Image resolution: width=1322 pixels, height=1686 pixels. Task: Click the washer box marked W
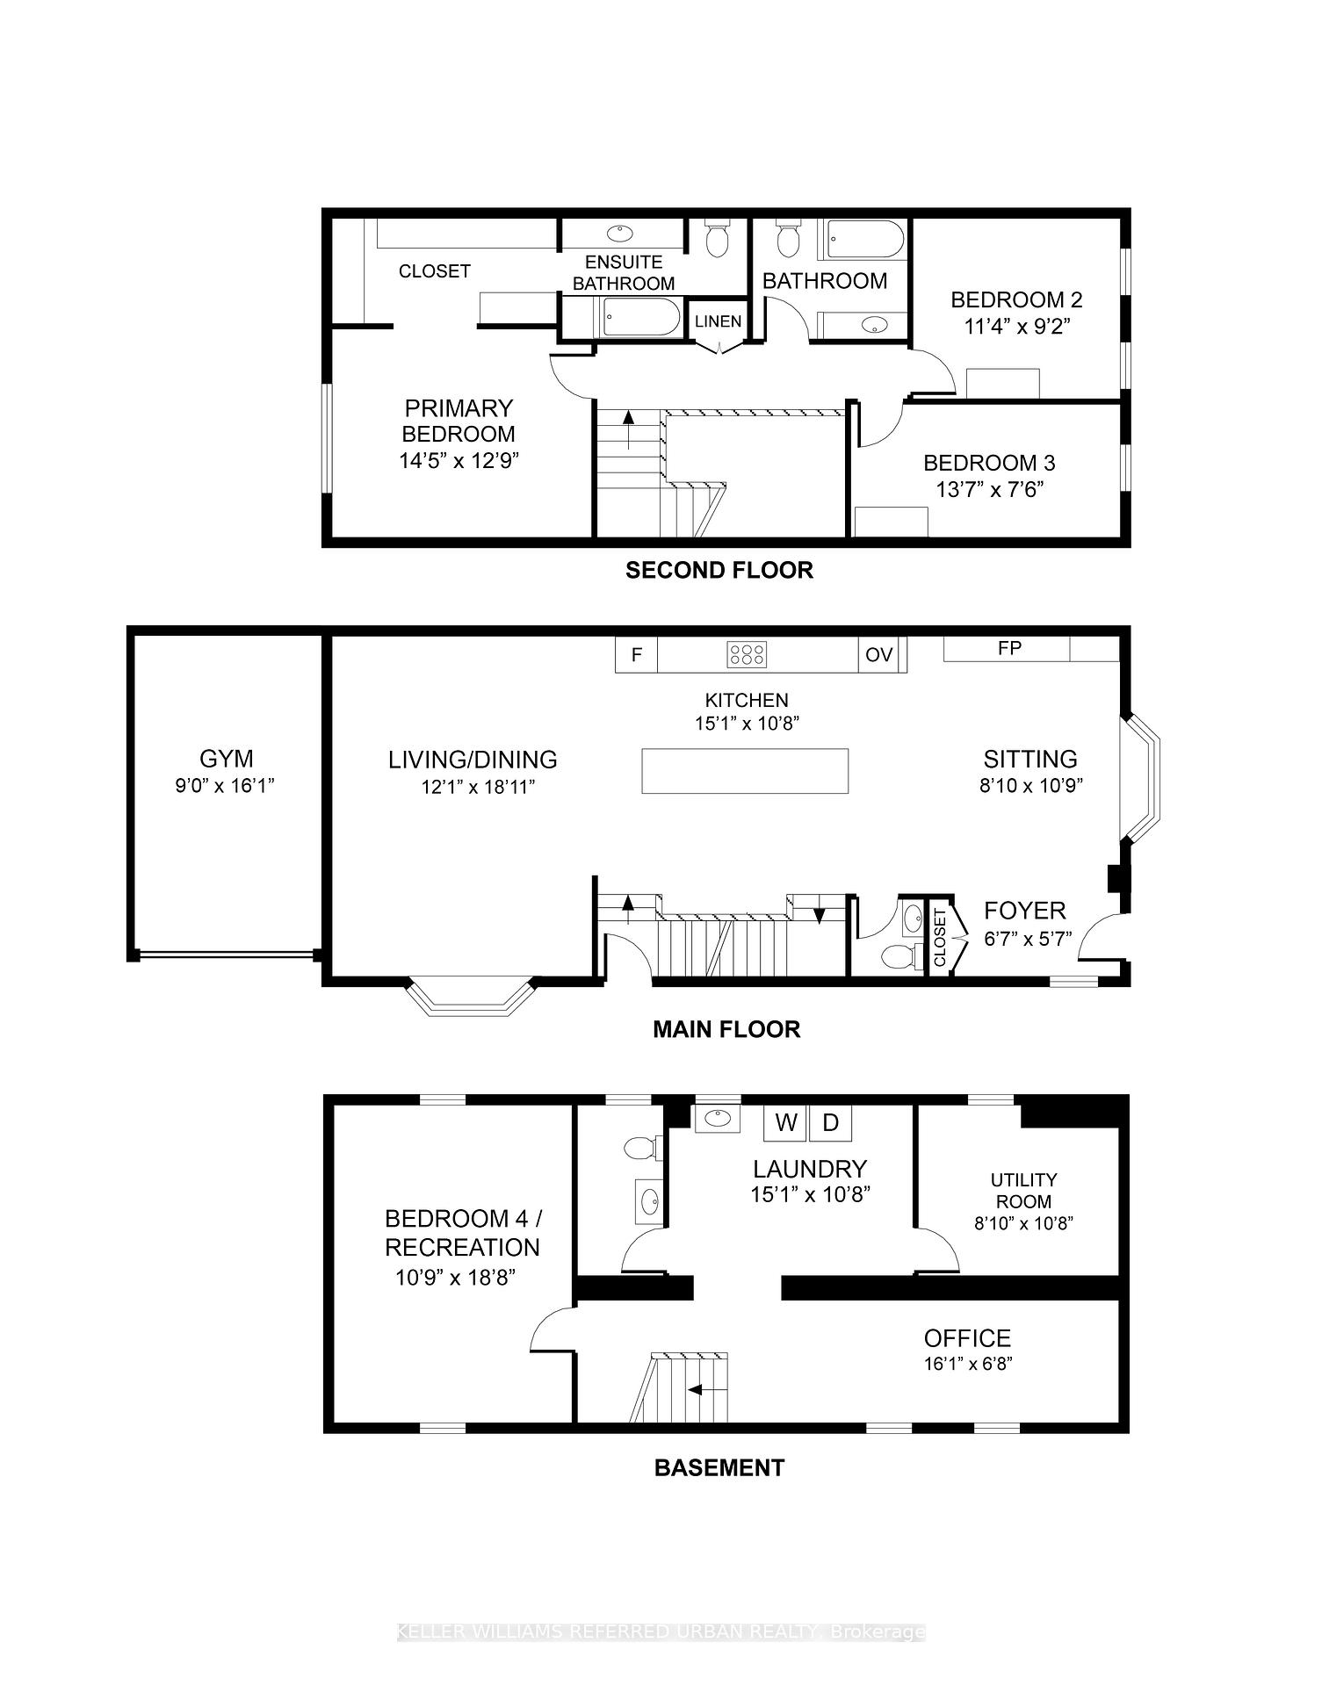click(786, 1122)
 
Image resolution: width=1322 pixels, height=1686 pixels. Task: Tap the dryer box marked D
click(831, 1122)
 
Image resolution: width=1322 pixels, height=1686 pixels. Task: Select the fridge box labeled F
click(637, 655)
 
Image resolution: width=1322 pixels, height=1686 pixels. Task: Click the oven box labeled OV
click(878, 655)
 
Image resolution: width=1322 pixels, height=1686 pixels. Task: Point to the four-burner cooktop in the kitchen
click(747, 654)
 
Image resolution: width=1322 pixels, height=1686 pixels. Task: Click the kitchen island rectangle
click(745, 771)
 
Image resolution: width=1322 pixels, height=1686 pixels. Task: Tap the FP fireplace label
click(1009, 648)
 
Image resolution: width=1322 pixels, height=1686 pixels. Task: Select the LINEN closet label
click(718, 321)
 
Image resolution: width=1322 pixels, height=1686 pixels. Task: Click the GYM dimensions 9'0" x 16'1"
click(226, 785)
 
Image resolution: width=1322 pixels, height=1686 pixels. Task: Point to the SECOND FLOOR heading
click(719, 571)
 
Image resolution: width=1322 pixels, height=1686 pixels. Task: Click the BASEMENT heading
click(719, 1467)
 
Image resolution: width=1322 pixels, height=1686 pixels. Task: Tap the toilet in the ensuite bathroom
click(718, 238)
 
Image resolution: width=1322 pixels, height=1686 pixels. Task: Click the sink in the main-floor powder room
click(914, 919)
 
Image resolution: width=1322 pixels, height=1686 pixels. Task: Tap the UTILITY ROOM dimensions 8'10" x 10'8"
click(1023, 1222)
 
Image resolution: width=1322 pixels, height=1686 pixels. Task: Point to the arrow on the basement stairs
click(708, 1390)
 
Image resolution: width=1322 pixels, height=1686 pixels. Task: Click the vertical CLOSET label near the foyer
click(940, 938)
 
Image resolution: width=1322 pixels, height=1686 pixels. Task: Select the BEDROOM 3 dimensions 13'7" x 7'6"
click(990, 489)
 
